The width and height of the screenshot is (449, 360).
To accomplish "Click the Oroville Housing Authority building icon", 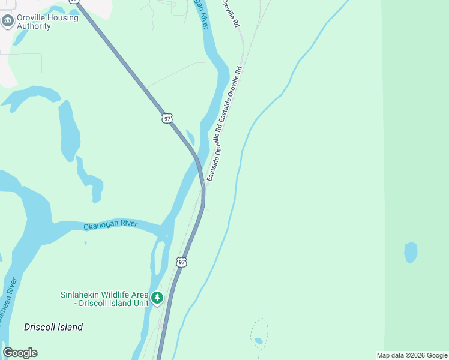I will point(8,22).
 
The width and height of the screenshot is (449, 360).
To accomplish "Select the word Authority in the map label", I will point(34,26).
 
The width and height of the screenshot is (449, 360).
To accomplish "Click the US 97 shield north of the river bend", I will point(167,118).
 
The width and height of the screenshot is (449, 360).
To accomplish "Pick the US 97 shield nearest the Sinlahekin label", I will point(182,262).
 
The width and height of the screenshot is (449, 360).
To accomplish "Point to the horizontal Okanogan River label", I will point(110,225).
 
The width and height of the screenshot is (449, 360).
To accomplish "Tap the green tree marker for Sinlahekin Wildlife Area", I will point(157,298).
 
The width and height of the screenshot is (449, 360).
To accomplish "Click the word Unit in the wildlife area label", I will point(139,303).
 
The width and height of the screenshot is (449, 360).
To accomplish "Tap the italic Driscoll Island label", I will point(53,328).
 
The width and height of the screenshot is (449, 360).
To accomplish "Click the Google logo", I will point(20,353).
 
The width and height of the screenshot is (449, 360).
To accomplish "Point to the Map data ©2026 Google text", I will point(412,355).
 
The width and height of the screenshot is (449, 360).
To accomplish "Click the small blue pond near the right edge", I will point(411,253).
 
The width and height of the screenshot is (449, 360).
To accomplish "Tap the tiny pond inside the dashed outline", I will point(258,341).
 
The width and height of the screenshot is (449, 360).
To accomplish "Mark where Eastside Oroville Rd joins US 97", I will point(204,185).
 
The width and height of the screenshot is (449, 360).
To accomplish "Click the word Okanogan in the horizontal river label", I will point(98,226).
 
